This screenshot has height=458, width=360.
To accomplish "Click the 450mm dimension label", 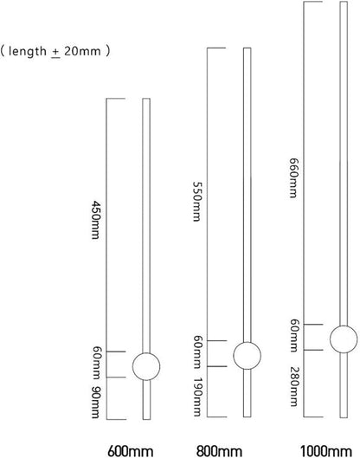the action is click(x=96, y=220).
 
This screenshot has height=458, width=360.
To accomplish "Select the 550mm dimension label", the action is click(x=197, y=202).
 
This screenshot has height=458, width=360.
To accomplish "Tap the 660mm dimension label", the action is click(x=293, y=177).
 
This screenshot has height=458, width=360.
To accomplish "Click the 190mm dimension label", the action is click(x=197, y=397).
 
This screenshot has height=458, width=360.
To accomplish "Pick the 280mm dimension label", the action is click(x=293, y=386).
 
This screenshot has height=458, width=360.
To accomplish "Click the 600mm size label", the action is click(x=130, y=451).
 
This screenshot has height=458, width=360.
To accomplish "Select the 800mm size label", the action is click(x=219, y=451).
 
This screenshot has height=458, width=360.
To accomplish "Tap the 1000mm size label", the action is click(x=326, y=451).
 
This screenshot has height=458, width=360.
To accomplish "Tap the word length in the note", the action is click(x=28, y=51).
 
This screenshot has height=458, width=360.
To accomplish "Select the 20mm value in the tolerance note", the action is click(x=82, y=51).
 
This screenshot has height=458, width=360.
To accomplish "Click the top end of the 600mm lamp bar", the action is click(x=146, y=99).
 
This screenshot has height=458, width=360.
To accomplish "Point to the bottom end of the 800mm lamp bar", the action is click(x=247, y=416).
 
